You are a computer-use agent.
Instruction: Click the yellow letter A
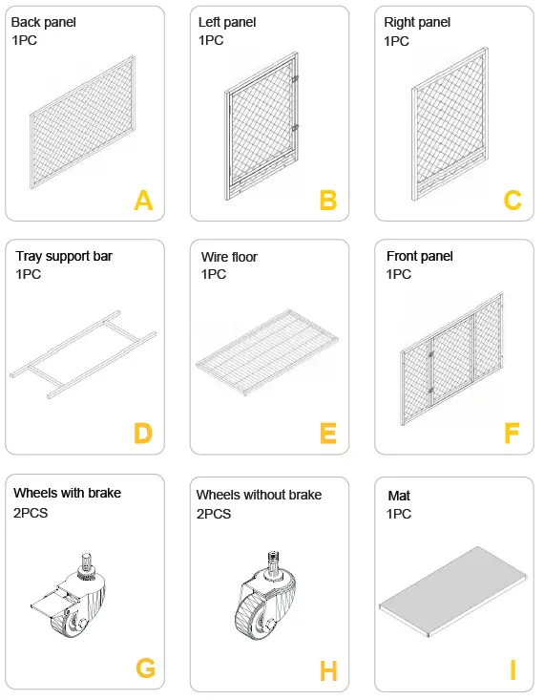[143, 201]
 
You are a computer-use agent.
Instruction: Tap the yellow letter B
[328, 201]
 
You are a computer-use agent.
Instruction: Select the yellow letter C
[513, 201]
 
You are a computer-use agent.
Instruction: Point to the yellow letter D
[143, 434]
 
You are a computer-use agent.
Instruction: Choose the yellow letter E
[328, 434]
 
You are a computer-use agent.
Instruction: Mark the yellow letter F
[513, 434]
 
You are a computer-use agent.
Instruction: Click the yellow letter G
[145, 668]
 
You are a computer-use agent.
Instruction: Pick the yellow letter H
[328, 671]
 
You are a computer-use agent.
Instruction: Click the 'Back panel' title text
[44, 22]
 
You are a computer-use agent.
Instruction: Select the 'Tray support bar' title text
[64, 256]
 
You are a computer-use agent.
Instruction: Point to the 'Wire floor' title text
[229, 257]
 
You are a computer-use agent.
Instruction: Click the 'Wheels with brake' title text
[67, 493]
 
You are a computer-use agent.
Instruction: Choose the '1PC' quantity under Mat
[400, 514]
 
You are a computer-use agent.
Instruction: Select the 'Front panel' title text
[419, 256]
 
